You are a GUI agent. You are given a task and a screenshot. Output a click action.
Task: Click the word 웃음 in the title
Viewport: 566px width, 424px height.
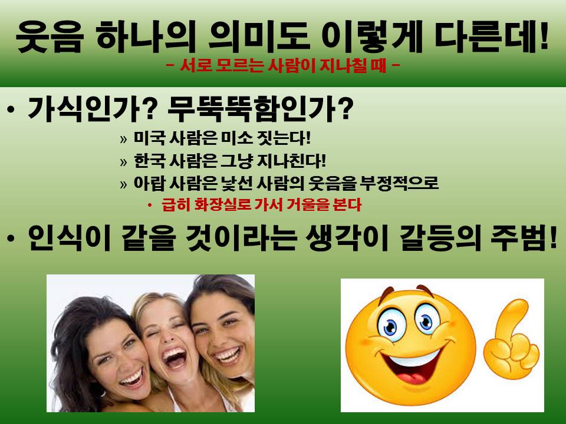(x=50, y=37)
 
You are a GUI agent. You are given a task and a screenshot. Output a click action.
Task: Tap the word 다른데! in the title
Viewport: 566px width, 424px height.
(x=492, y=36)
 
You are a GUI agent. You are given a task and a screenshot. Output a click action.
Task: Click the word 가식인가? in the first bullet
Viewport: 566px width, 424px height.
(x=91, y=108)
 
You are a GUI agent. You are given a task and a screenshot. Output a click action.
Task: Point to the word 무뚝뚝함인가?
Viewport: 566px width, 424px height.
(x=261, y=108)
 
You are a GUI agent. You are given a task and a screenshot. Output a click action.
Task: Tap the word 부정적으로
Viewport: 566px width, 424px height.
(x=399, y=183)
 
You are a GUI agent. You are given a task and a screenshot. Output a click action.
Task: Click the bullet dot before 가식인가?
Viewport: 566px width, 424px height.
(x=11, y=110)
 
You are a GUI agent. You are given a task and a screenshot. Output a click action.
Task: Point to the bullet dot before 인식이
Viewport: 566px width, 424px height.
(x=11, y=238)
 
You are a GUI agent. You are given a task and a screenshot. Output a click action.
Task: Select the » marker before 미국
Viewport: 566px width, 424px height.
(x=123, y=139)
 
